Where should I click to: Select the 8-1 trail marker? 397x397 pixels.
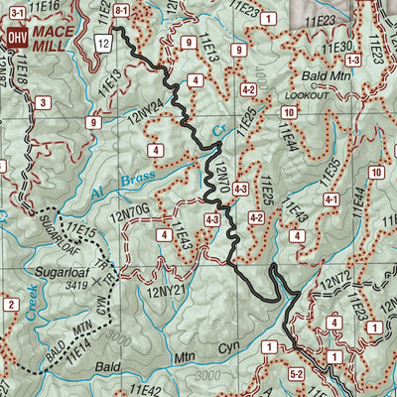tap(121, 10)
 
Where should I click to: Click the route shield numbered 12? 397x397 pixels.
tap(103, 43)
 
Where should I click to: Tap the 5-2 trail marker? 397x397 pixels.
tap(296, 374)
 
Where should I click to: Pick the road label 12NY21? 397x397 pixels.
tap(165, 290)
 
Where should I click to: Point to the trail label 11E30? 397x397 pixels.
tap(340, 47)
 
